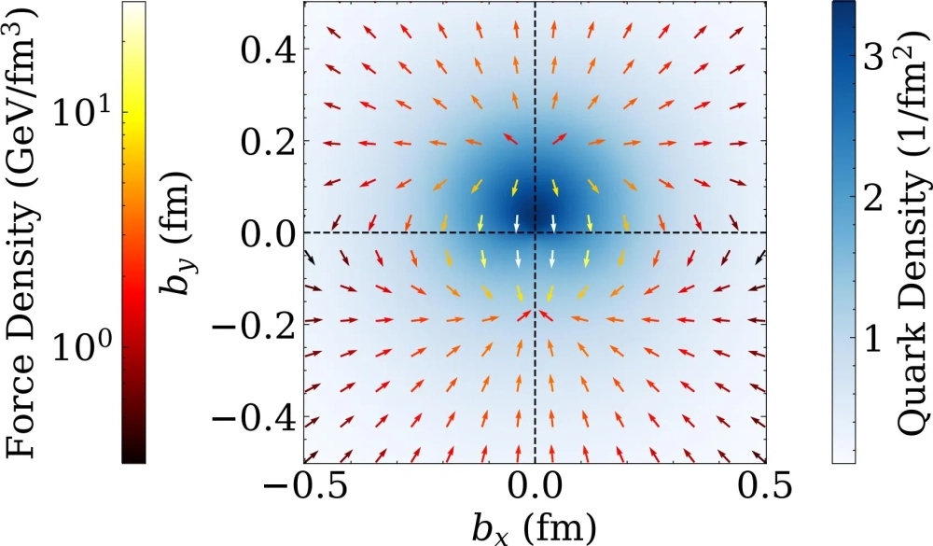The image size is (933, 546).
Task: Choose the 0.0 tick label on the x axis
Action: coord(535,490)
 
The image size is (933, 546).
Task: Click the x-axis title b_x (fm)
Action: coord(534,529)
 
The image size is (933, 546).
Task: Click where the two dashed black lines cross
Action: coord(535,232)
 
